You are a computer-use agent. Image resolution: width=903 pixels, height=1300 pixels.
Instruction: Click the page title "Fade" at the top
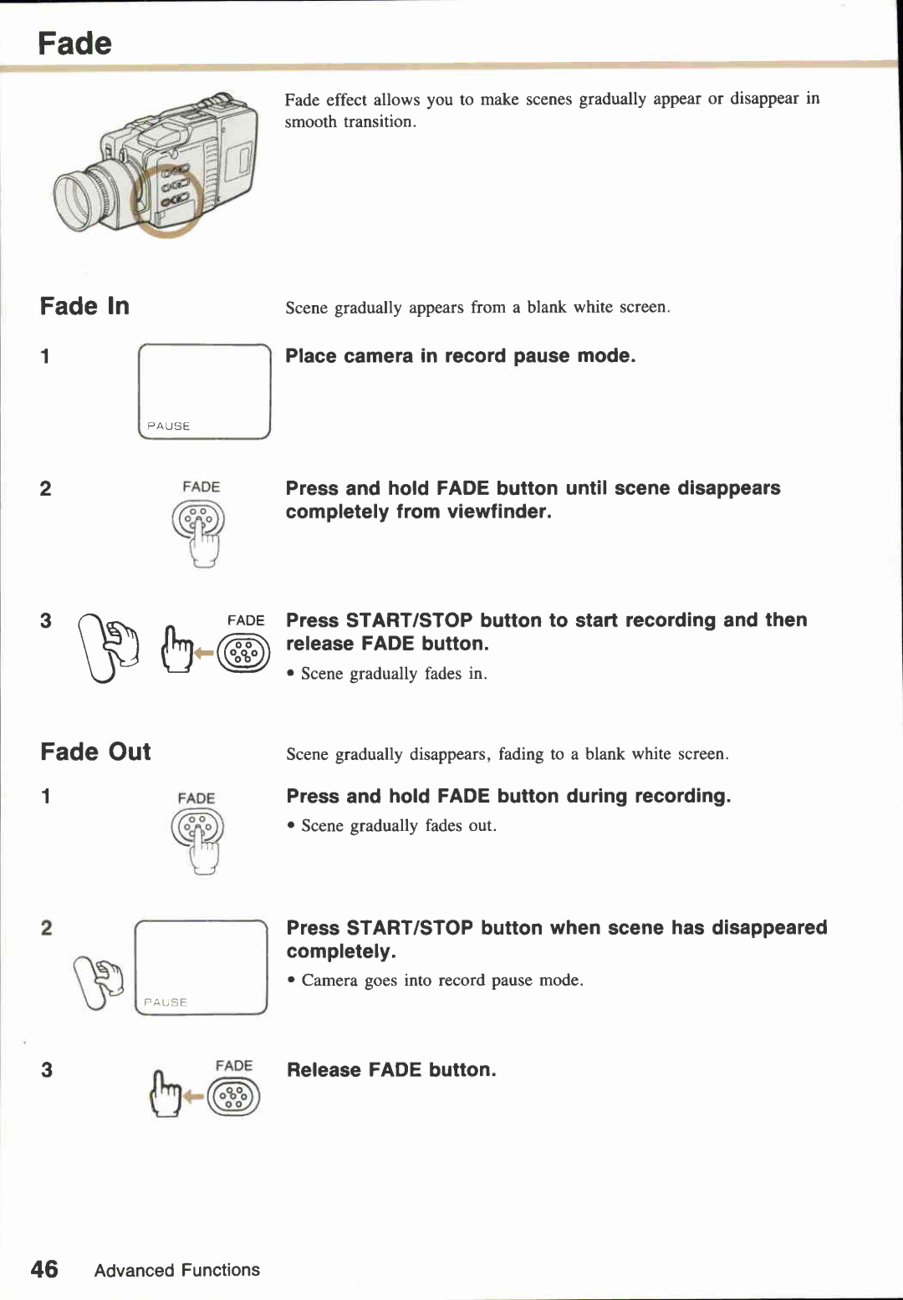pos(74,43)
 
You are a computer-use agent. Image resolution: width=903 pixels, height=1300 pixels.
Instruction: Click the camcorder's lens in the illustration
pos(80,201)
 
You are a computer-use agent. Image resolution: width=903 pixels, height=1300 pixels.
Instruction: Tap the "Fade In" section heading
pos(84,306)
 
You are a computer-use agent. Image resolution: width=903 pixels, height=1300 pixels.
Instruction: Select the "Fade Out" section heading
pos(95,752)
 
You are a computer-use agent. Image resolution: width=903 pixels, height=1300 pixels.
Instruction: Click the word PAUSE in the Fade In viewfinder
pos(169,426)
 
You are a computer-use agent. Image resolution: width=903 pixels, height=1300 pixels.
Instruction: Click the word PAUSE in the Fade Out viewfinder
pos(166,1002)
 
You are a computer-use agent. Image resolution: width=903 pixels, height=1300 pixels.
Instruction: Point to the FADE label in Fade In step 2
pos(201,487)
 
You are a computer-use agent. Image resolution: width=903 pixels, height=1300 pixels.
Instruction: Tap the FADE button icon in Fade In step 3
pos(243,653)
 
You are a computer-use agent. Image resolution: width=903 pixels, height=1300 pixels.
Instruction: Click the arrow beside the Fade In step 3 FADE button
pos(204,653)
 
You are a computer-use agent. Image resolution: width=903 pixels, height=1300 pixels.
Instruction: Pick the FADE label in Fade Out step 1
pos(196,798)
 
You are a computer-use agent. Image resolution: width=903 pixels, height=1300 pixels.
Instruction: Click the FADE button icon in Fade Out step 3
pos(233,1097)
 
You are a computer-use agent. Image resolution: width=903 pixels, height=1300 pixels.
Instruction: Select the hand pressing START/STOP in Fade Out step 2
pos(99,981)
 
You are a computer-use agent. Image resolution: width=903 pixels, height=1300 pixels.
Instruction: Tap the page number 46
pos(44,1269)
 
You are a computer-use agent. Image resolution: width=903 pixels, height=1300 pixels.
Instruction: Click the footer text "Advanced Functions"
pos(176,1270)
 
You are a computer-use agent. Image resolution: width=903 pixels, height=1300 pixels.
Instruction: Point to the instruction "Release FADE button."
pos(391,1070)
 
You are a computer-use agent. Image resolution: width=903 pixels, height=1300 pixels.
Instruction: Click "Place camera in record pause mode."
pos(461,356)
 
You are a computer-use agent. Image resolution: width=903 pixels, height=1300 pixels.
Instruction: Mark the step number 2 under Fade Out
pos(47,928)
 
